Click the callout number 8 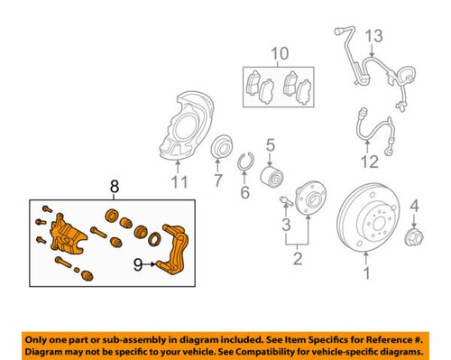(114, 187)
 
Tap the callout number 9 (138, 265)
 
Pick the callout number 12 (365, 163)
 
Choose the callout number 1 (365, 271)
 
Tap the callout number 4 (414, 209)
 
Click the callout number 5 (270, 143)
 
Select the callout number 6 (244, 192)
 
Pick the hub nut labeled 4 (413, 238)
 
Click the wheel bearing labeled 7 (219, 148)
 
